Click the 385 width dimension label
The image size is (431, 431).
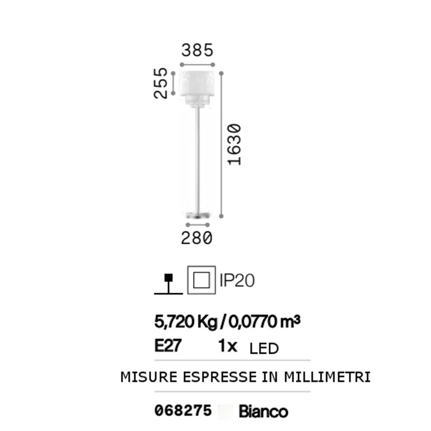197,51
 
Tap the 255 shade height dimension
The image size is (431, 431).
161,83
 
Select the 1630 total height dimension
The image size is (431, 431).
235,145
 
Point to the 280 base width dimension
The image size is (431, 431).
197,238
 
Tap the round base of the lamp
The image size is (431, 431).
198,215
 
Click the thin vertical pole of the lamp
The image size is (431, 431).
198,157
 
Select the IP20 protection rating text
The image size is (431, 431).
237,281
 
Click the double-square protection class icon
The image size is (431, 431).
201,280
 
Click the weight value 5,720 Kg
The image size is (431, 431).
186,322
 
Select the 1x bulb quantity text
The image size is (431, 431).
228,346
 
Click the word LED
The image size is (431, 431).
264,348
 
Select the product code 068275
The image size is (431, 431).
183,411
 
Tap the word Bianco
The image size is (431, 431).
263,411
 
